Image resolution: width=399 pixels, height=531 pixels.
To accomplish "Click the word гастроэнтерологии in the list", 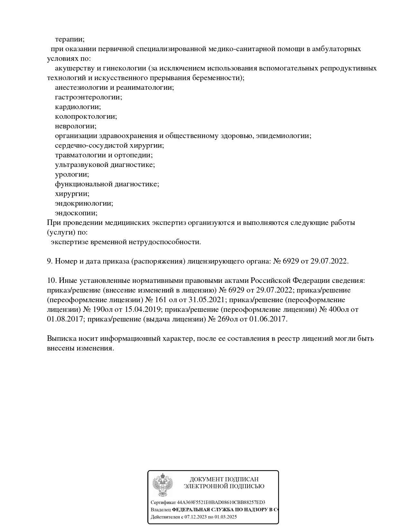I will [88, 97].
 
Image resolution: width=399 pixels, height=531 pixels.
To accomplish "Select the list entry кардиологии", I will [78, 107].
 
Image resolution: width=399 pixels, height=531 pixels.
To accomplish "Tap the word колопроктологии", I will [86, 116].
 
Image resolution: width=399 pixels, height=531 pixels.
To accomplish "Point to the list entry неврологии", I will [75, 126].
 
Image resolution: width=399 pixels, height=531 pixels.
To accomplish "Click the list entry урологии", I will [72, 174].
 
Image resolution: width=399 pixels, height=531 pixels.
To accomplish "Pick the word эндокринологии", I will [84, 203].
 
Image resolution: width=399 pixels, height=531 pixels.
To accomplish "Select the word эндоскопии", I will [76, 213].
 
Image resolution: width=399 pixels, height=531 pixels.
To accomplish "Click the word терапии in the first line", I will [70, 39].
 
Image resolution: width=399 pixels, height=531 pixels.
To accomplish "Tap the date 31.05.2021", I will [206, 300].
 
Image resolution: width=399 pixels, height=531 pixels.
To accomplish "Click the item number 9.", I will [50, 261].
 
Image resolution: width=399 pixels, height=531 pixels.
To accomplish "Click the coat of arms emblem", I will [162, 485].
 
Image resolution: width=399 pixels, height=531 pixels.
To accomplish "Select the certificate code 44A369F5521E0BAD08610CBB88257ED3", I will [221, 503].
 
